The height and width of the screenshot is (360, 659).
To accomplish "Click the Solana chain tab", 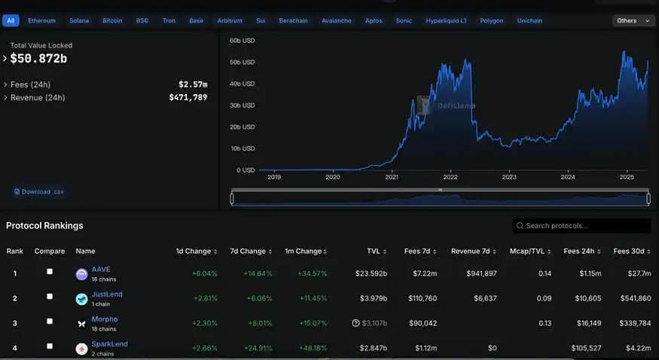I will tap(79, 20).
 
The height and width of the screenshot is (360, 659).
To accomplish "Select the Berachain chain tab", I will tap(293, 20).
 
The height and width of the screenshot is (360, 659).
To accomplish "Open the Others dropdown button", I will tap(633, 20).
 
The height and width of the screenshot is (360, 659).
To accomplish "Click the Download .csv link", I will tap(39, 191).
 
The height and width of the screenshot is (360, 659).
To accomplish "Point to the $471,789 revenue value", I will tap(188, 97).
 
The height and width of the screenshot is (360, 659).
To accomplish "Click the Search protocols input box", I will tap(581, 226).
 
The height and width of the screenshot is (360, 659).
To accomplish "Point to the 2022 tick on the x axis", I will tap(450, 177).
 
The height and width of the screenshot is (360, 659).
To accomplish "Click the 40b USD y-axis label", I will tap(242, 84).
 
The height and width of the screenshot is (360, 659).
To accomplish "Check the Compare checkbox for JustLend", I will tap(50, 296).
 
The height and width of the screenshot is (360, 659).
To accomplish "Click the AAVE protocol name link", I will tap(101, 270).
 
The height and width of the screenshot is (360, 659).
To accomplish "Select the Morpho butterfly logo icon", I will tap(81, 324).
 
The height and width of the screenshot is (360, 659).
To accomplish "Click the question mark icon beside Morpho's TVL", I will tap(355, 323).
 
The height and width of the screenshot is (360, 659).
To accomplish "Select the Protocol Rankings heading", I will tap(44, 226).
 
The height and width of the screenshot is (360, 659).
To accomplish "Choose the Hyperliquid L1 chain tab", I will tap(446, 20).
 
